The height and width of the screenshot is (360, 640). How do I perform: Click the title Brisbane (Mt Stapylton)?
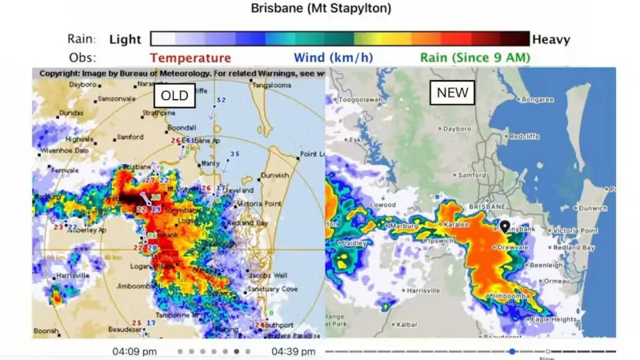click(321, 9)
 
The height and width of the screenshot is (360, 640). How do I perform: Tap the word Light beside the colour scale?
click(125, 38)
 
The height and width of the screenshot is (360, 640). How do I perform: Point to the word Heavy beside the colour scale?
click(552, 38)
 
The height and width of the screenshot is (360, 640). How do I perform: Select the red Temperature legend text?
click(190, 58)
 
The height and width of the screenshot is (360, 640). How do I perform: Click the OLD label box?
click(174, 97)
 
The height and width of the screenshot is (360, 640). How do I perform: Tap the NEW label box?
click(452, 93)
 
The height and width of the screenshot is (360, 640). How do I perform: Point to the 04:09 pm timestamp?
click(134, 351)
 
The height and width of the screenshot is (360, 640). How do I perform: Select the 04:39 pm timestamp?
click(294, 351)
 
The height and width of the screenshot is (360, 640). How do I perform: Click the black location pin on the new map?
click(505, 227)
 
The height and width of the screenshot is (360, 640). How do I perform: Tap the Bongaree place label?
click(537, 100)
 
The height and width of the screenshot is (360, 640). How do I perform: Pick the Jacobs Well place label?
click(268, 274)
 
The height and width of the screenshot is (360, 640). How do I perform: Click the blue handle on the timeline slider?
click(512, 351)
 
